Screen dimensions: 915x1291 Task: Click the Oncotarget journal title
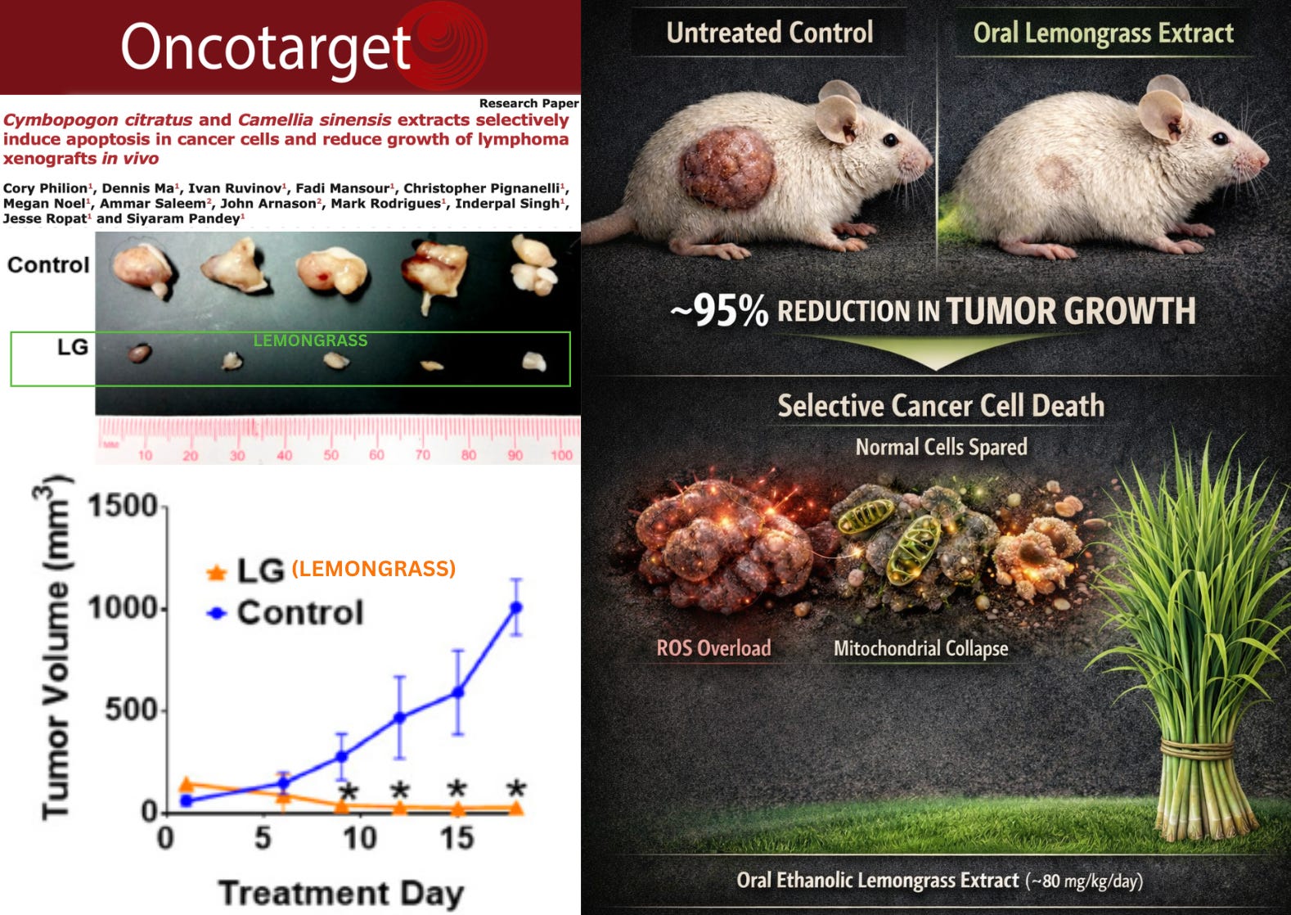coord(266,47)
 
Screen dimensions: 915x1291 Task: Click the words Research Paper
coord(529,103)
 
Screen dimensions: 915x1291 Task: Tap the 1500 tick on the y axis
coord(123,506)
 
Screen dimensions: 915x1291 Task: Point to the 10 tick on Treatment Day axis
coord(358,838)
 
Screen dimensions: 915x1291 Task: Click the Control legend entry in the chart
coord(299,613)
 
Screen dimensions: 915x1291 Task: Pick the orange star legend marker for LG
coord(217,572)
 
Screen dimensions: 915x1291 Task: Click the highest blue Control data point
coord(516,607)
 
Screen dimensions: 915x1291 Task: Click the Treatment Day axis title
coord(340,893)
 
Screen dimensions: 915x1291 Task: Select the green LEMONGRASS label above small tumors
coord(310,340)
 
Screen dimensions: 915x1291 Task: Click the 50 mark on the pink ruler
coord(331,454)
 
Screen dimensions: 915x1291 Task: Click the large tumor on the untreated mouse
coord(727,169)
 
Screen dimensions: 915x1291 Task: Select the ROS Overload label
coord(713,648)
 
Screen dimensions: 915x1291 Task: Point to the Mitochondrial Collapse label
coord(920,648)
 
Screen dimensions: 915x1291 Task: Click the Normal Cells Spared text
coord(941,447)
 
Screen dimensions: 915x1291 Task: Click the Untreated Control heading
coord(769,33)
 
